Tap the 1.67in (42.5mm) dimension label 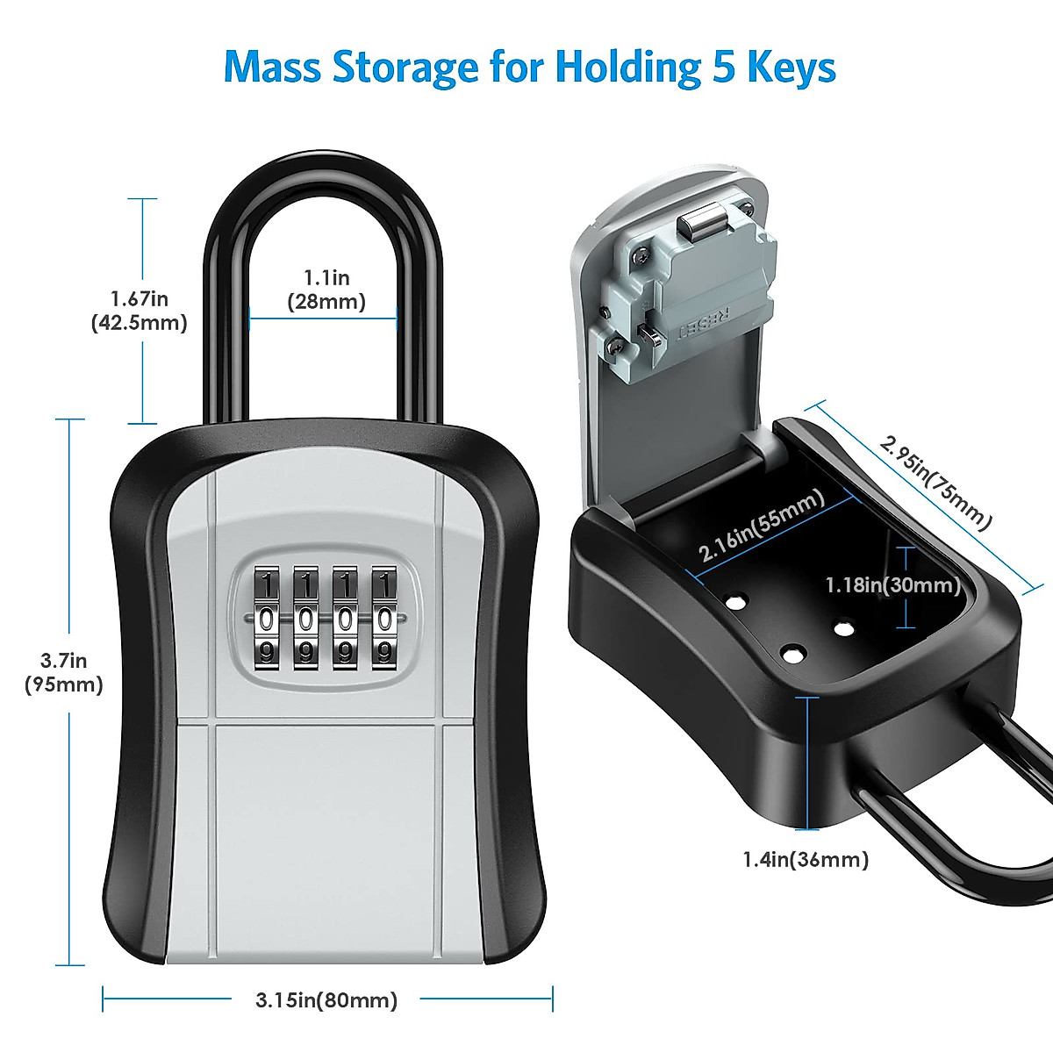pyautogui.click(x=140, y=311)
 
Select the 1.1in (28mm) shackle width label pyautogui.click(x=326, y=290)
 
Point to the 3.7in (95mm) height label pyautogui.click(x=64, y=673)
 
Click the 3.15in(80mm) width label pyautogui.click(x=326, y=999)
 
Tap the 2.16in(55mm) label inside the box pyautogui.click(x=762, y=526)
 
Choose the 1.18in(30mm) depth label pyautogui.click(x=892, y=584)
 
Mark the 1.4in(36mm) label pyautogui.click(x=806, y=859)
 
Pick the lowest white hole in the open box pyautogui.click(x=792, y=654)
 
